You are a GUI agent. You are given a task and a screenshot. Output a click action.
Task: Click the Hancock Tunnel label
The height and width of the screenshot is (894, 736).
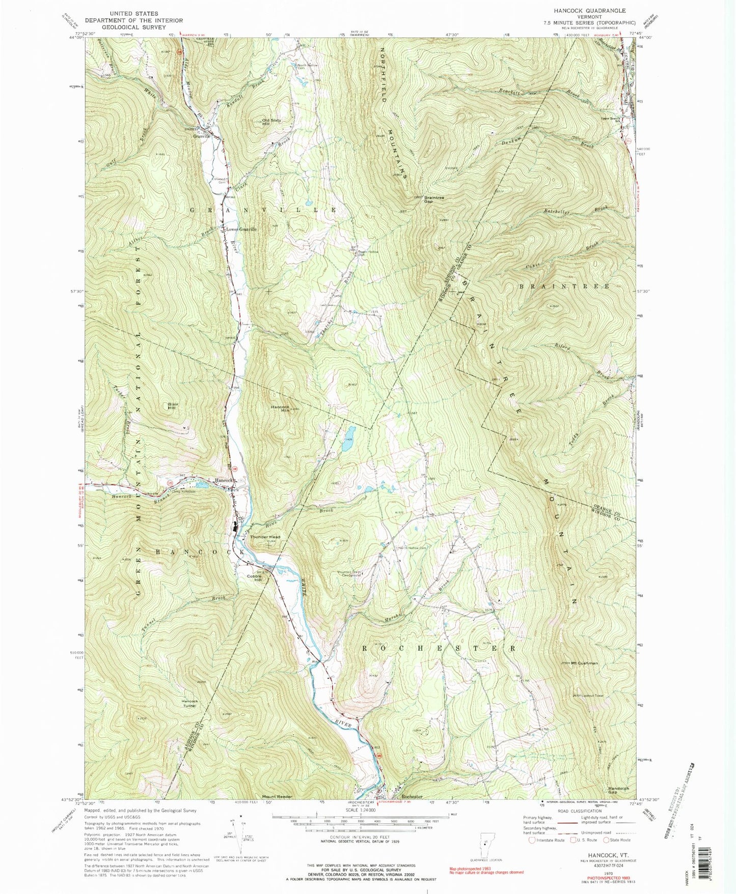(189, 704)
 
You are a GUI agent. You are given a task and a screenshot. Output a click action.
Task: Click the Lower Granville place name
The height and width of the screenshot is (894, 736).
(238, 229)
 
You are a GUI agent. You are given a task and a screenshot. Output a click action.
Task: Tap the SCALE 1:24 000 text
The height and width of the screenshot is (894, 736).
(360, 810)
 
